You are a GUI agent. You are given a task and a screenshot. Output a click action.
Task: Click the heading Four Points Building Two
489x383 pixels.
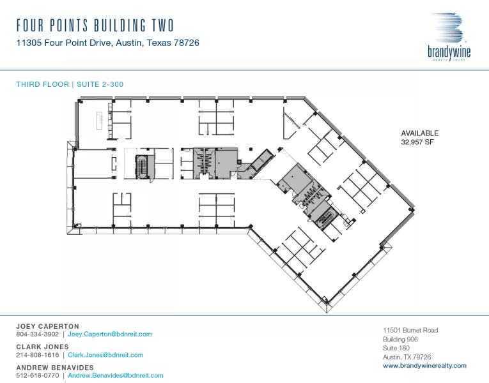tap(95, 26)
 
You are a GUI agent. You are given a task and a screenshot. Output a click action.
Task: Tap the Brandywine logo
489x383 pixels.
tap(449, 37)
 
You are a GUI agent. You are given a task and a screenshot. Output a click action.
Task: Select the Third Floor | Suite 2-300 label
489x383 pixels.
tap(70, 84)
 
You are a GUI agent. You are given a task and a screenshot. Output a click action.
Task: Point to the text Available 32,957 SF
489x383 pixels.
tap(420, 138)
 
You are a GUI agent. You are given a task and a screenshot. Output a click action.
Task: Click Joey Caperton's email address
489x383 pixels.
tap(110, 334)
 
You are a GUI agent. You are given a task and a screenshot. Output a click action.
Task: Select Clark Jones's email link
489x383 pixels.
tap(105, 355)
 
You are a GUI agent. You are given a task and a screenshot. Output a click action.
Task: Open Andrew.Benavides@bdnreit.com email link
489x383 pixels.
tap(116, 375)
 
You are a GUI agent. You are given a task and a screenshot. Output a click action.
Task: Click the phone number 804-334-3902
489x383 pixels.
tap(38, 334)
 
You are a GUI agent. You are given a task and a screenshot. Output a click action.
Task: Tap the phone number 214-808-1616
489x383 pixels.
tap(38, 355)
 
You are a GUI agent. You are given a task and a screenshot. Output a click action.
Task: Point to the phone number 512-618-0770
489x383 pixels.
tap(38, 375)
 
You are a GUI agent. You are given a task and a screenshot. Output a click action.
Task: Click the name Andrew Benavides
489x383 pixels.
tap(55, 368)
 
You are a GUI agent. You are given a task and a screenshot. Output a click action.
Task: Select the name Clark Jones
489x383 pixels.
tap(42, 347)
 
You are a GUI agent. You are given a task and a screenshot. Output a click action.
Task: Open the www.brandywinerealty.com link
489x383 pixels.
tap(424, 366)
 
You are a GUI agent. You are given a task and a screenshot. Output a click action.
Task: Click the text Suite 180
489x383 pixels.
tap(396, 348)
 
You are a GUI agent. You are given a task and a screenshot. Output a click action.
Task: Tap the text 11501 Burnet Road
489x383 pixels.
tap(410, 330)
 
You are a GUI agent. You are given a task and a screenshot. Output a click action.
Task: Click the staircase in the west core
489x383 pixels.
tap(142, 167)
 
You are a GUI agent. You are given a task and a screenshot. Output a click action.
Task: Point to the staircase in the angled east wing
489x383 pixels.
tap(325, 217)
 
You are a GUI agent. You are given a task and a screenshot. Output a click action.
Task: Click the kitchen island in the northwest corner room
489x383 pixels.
tap(100, 120)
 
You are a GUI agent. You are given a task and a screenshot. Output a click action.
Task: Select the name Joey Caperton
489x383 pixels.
tap(48, 326)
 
